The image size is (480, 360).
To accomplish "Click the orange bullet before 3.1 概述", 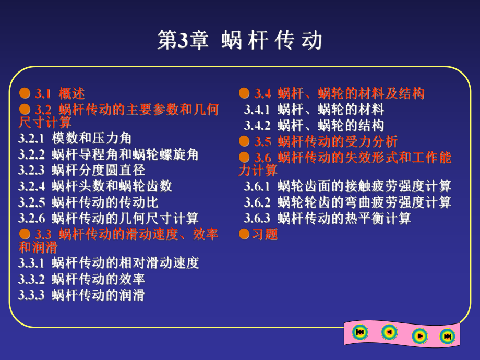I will (25, 93).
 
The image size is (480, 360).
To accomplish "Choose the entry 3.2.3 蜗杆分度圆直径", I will (81, 170).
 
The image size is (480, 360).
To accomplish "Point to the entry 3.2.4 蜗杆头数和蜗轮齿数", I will (95, 186).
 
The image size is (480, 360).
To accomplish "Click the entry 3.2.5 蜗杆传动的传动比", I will (88, 202).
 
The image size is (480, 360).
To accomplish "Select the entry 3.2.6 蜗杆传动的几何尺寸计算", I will (108, 219).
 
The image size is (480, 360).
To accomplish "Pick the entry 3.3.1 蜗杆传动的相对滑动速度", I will (108, 263).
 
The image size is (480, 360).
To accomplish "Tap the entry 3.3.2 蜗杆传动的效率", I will (81, 279).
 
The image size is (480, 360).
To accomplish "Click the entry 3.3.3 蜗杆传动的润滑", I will (81, 295).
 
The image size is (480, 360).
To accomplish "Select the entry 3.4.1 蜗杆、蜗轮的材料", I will (314, 110).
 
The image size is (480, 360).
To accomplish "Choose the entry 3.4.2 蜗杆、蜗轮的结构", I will (314, 126).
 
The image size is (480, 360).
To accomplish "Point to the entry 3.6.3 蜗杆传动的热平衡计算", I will (327, 218).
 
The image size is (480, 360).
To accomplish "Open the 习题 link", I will (265, 234).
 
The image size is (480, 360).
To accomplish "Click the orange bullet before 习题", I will (244, 234).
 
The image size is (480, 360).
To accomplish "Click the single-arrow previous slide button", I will (389, 332).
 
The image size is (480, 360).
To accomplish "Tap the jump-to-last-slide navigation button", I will (447, 337).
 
